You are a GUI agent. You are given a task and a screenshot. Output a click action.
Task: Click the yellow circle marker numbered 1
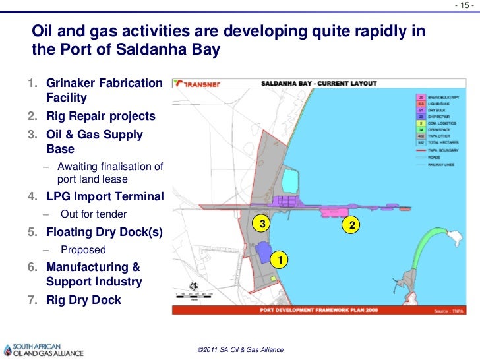click(x=280, y=262)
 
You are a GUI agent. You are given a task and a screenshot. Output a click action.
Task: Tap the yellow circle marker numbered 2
click(x=353, y=225)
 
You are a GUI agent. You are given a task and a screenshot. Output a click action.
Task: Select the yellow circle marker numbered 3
click(x=262, y=224)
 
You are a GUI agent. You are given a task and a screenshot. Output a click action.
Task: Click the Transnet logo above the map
click(x=202, y=84)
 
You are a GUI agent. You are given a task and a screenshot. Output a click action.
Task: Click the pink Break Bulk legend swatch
click(x=419, y=97)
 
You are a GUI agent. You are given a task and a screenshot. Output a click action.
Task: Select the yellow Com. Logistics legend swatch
click(x=419, y=122)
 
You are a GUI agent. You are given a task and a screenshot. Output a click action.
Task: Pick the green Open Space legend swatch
click(x=419, y=129)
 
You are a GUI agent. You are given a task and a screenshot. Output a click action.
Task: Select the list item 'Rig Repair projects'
click(x=100, y=116)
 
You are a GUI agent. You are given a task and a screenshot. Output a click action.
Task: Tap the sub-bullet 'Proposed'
click(x=83, y=250)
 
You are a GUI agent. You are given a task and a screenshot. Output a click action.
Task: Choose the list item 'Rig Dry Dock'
click(x=83, y=300)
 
